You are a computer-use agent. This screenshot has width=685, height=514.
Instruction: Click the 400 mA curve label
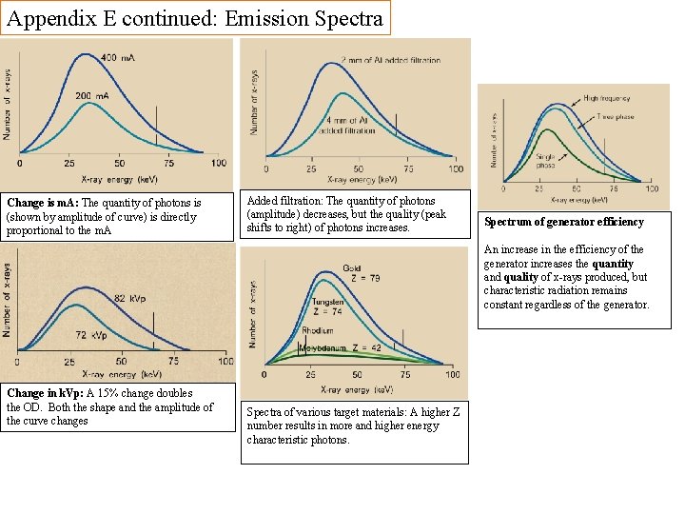[117, 59]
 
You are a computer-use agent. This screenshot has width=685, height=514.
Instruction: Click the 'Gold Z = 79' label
[356, 274]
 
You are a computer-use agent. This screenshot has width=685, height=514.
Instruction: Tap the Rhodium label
[318, 331]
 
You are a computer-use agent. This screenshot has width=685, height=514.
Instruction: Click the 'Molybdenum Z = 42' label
[341, 348]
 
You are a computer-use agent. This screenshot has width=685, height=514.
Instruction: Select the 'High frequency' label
[606, 98]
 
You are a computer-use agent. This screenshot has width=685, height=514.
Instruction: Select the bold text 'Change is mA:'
[43, 203]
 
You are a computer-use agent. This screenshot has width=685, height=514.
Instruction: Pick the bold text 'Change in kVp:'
[45, 393]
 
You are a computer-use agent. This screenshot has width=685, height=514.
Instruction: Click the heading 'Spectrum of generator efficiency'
[563, 222]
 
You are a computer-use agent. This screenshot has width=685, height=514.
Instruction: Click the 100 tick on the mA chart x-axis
[219, 164]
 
